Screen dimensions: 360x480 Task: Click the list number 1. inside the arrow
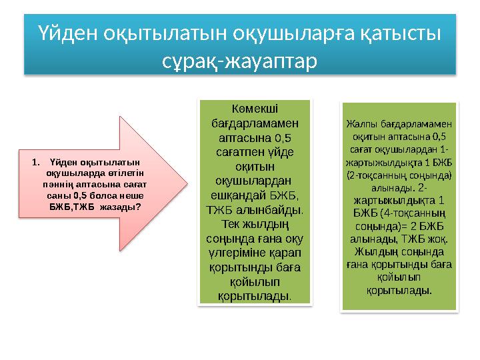click(37, 161)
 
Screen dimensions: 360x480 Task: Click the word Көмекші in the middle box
click(255, 109)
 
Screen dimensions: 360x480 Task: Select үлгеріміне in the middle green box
click(237, 253)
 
